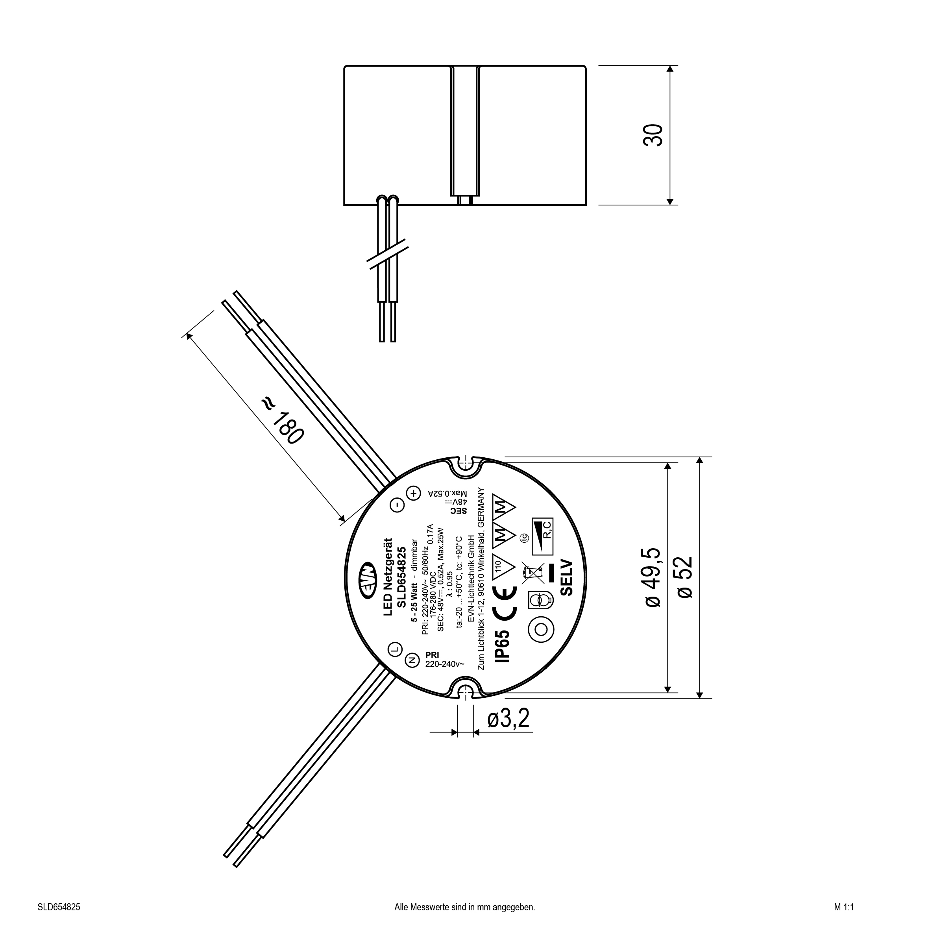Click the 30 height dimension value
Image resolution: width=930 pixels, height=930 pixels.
click(x=653, y=135)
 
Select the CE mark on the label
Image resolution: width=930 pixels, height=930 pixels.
click(x=505, y=602)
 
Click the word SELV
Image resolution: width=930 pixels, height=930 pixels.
click(x=567, y=578)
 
